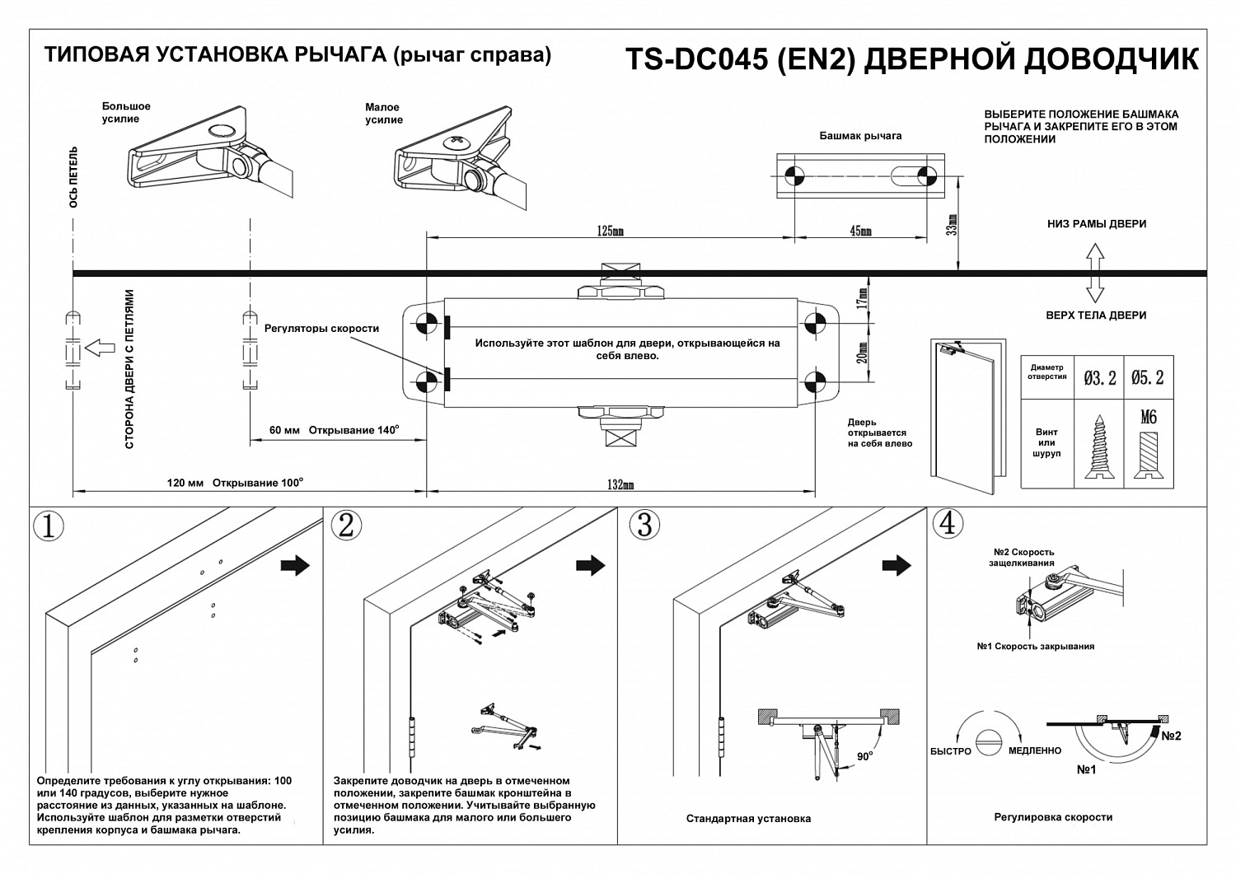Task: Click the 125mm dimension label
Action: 610,231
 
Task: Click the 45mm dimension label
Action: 860,231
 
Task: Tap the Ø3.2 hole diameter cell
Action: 1100,378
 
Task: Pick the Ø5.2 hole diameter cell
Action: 1148,378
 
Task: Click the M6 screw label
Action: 1148,417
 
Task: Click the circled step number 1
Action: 48,526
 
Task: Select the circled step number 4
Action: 948,524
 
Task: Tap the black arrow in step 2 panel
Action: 590,565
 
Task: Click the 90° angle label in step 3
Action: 863,755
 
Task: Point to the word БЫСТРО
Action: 950,751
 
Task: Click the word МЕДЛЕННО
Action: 1034,751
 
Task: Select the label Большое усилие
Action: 126,113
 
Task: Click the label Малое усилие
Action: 383,114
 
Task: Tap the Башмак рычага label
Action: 860,136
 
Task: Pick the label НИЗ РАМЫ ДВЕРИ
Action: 1096,224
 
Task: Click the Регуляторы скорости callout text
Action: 321,329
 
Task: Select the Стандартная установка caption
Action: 748,818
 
